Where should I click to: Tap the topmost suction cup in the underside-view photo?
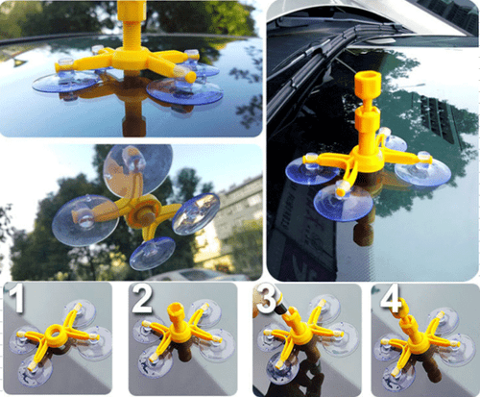[x=140, y=165]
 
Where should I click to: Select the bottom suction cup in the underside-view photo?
[x=153, y=252]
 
